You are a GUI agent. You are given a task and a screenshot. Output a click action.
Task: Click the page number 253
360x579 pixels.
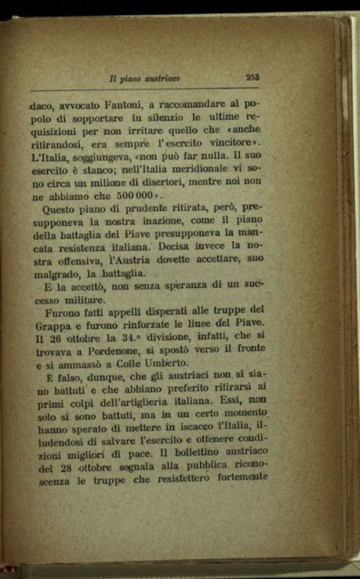click(x=253, y=77)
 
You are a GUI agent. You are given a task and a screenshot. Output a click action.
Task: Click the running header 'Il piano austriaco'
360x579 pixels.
click(x=153, y=79)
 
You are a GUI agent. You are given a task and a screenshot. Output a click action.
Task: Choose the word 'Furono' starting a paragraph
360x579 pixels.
click(x=62, y=310)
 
